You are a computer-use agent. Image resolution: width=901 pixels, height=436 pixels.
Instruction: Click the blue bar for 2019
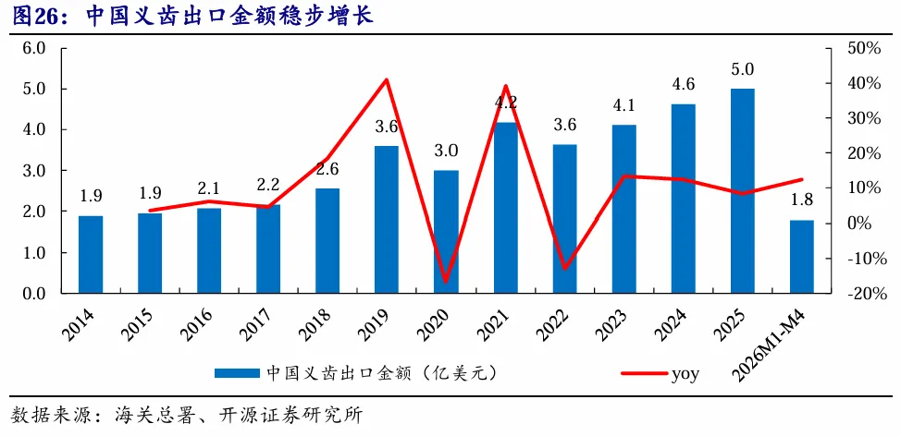pos(386,220)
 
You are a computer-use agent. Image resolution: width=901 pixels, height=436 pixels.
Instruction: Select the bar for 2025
pos(743,191)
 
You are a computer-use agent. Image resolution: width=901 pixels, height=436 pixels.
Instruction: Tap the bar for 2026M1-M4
pos(802,257)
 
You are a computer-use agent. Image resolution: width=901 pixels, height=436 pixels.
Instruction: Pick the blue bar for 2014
pos(91,255)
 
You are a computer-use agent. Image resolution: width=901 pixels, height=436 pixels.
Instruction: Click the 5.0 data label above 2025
pos(743,70)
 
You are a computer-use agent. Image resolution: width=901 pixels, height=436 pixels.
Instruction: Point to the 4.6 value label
pos(684,85)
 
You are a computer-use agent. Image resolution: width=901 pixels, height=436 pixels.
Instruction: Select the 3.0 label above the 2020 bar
pos(446,151)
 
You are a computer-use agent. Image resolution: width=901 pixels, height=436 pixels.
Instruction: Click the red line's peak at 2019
pos(387,79)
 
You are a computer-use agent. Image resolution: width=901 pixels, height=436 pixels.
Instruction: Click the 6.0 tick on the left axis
pos(33,48)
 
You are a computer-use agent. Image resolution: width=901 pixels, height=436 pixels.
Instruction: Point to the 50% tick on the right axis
pos(864,48)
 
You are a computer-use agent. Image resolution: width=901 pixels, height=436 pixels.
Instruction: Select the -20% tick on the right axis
pos(861,294)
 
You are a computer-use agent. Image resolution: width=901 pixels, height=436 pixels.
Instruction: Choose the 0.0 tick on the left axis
pos(33,294)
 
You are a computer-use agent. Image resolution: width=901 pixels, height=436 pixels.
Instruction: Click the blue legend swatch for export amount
pos(237,373)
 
